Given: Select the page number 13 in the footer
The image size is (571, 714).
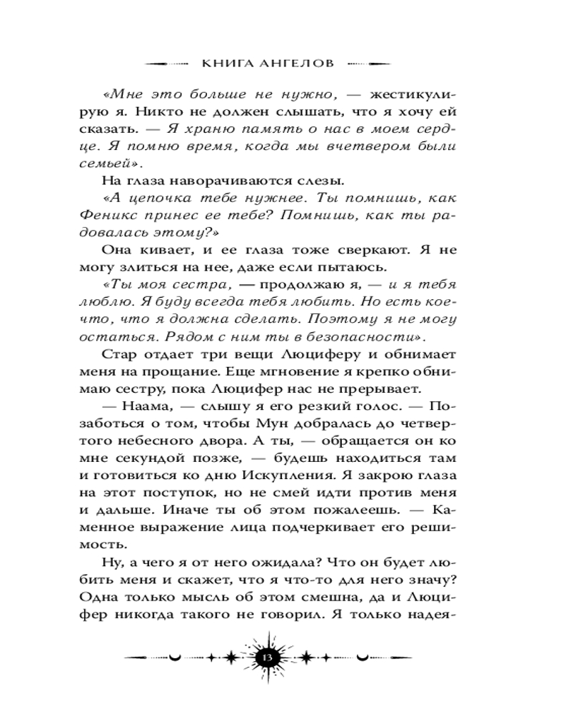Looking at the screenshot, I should coord(269,657).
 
